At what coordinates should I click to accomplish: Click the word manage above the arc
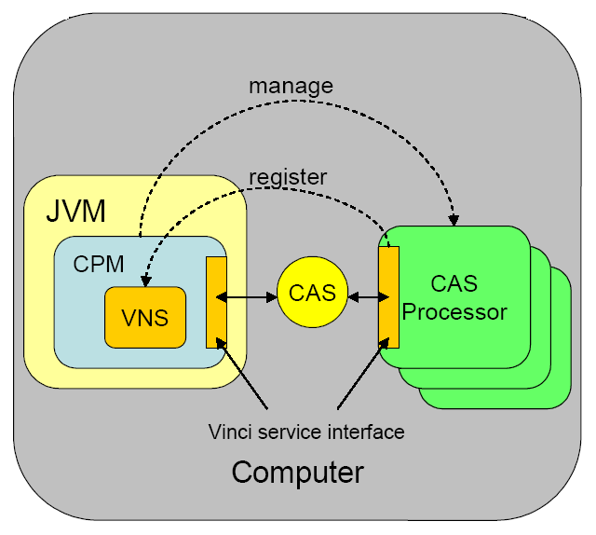(x=291, y=87)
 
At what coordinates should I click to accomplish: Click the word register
(x=288, y=175)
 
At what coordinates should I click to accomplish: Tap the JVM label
(x=75, y=211)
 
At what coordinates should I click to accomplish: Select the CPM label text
(x=99, y=264)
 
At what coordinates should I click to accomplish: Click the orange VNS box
(x=145, y=317)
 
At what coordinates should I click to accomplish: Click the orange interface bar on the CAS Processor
(x=388, y=295)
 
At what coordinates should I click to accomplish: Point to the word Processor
(x=454, y=312)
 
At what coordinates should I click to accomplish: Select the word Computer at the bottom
(x=297, y=472)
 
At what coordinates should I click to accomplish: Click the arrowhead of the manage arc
(x=454, y=220)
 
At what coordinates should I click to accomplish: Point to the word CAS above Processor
(x=454, y=281)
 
